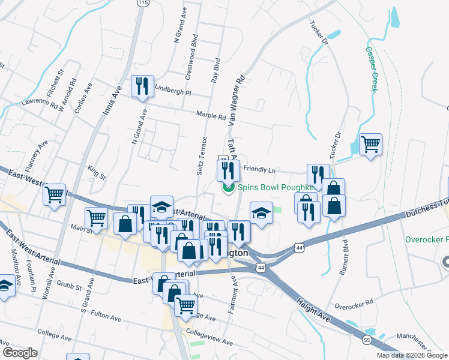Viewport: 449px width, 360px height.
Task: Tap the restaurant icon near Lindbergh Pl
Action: [142, 86]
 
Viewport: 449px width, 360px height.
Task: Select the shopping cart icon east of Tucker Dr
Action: [370, 144]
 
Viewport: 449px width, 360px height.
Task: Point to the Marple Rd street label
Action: [210, 115]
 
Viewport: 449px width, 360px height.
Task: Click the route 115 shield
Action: [142, 3]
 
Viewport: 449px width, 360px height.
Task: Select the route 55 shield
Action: [366, 340]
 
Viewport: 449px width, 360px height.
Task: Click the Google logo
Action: [20, 353]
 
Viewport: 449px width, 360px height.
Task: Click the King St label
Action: [97, 172]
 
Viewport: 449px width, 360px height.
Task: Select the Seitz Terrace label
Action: [201, 156]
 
